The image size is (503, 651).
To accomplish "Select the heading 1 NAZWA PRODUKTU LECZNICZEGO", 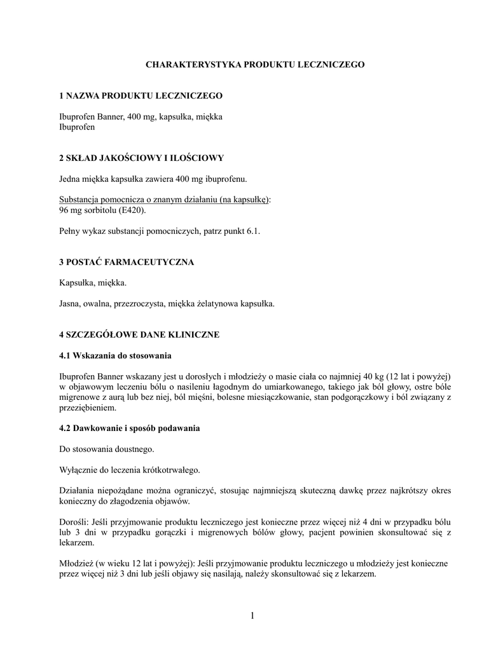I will [140, 95].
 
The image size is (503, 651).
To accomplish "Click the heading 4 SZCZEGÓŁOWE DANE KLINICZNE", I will [139, 334].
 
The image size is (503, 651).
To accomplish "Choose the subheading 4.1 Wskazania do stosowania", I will [115, 355].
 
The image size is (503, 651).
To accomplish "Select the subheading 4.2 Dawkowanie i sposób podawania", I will [129, 428].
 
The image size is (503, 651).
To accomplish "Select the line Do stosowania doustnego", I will [106, 449].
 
